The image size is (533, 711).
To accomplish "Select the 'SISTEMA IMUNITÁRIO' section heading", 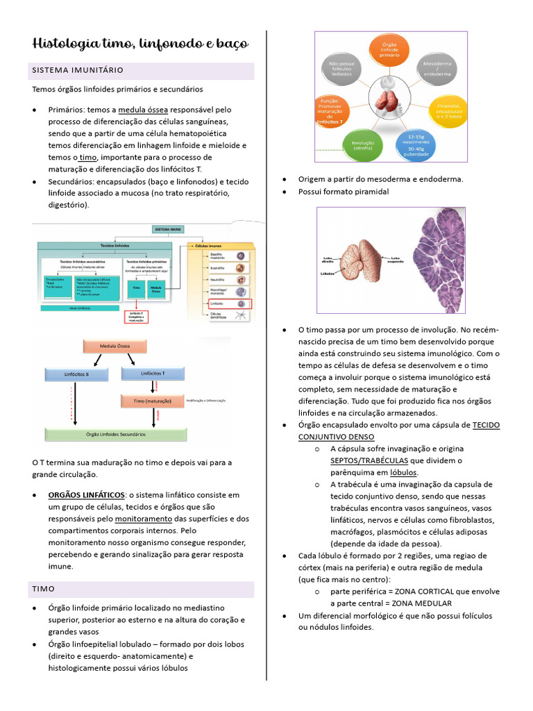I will pos(78,70).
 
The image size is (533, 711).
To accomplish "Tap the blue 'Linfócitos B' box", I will pos(77,374).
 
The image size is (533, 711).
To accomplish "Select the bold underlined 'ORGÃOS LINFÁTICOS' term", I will pos(86,495).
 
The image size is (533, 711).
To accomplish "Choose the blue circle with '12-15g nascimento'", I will pos(416,144).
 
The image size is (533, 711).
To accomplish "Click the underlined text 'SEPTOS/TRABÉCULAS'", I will pos(369,460).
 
